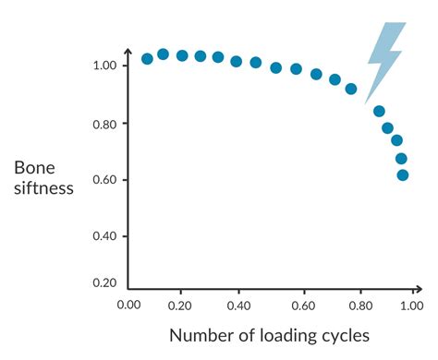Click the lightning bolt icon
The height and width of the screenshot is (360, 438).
pyautogui.click(x=384, y=57)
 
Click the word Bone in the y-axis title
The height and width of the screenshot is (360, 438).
pyautogui.click(x=34, y=167)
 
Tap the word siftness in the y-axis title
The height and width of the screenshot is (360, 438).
pyautogui.click(x=43, y=193)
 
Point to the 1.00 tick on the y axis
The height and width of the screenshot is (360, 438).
pyautogui.click(x=103, y=66)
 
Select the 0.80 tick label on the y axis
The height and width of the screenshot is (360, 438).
pyautogui.click(x=103, y=123)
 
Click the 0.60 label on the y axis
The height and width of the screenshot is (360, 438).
pyautogui.click(x=103, y=179)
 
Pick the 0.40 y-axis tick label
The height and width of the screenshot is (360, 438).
pyautogui.click(x=103, y=236)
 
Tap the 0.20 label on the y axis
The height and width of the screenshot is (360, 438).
pyautogui.click(x=103, y=282)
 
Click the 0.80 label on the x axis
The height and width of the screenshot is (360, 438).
pyautogui.click(x=354, y=304)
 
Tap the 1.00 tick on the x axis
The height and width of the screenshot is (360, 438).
pyautogui.click(x=409, y=304)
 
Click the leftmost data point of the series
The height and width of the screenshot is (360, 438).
pyautogui.click(x=147, y=58)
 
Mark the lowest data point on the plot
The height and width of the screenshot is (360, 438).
pyautogui.click(x=403, y=174)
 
